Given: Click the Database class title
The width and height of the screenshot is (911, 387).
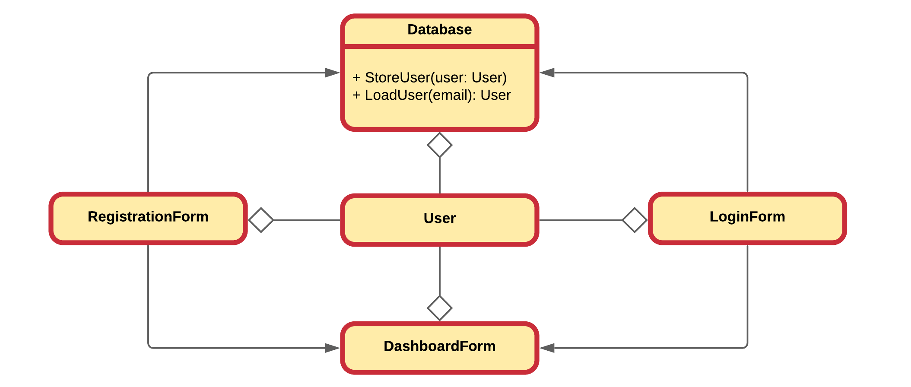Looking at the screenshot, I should tap(439, 30).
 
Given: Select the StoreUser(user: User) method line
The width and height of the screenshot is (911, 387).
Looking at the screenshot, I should tap(429, 78).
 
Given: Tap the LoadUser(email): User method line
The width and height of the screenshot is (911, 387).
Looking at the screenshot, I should tap(431, 95).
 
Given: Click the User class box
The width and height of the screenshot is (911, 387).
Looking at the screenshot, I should tap(439, 219).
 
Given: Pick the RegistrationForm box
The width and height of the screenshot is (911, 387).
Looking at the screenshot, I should tap(148, 217).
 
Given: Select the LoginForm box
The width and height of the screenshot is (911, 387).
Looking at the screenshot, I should tap(747, 217).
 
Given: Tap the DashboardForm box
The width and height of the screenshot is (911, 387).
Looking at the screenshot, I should tap(439, 346).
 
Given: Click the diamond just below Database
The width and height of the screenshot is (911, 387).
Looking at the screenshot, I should tap(439, 145).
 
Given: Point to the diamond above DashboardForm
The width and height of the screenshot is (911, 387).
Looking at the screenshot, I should tap(439, 308).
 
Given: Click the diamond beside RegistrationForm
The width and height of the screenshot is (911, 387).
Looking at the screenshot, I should tap(261, 220).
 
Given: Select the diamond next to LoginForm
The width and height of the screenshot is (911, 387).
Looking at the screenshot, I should tap(634, 220).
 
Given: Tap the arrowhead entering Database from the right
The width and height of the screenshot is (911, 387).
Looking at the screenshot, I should tap(547, 73).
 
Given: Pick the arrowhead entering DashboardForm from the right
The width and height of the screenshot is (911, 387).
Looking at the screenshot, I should tap(547, 348).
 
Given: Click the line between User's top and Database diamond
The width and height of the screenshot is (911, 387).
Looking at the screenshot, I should tap(439, 175).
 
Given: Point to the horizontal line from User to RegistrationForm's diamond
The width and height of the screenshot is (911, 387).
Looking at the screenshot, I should tap(307, 220).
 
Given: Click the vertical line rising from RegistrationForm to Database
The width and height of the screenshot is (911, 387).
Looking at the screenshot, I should tap(148, 134).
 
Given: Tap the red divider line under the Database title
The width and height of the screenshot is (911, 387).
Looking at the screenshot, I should tap(439, 46).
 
